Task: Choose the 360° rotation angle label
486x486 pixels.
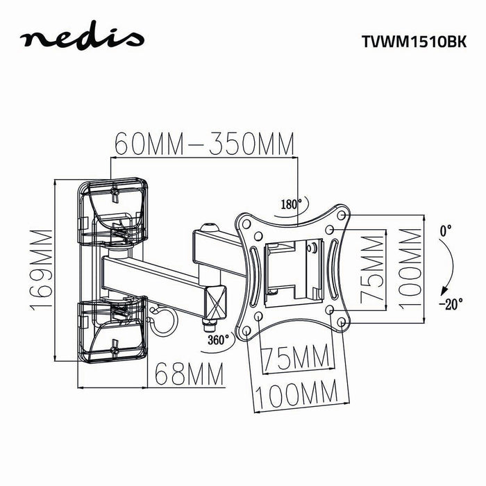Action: coord(218,340)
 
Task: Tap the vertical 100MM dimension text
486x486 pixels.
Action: coord(411,269)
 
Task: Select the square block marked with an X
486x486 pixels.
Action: coord(215,299)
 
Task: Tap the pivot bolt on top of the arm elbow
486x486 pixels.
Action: coord(208,226)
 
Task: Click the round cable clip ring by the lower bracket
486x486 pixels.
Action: coord(164,320)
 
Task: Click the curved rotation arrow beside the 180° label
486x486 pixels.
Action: coord(285,217)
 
